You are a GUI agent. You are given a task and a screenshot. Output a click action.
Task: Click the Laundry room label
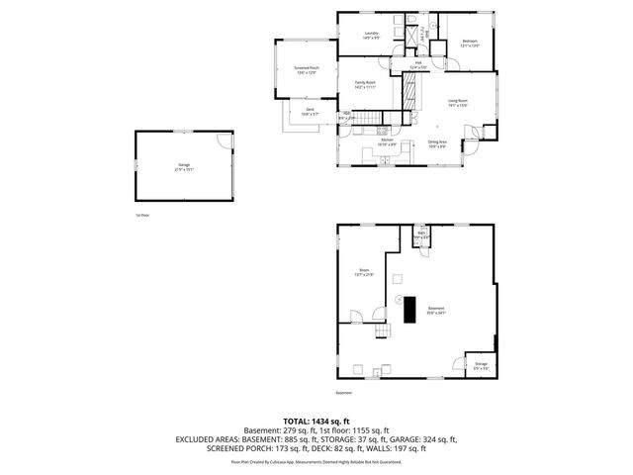point(371,36)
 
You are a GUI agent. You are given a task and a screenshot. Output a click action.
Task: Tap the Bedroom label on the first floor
point(470,43)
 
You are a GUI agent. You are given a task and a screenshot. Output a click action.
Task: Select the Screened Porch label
point(305,69)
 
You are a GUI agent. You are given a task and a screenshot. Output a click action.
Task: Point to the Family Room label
point(365,84)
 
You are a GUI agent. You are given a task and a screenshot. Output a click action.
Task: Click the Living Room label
point(457,102)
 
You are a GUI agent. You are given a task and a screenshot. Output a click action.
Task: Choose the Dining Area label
point(437,142)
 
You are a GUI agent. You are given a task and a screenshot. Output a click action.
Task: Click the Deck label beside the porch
point(310,112)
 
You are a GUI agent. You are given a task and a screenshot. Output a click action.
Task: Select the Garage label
point(184,165)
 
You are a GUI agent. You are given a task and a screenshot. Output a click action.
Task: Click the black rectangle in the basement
point(408,311)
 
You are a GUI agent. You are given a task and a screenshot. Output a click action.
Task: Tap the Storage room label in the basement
point(481,365)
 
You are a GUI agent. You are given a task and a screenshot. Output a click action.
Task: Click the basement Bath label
point(420,235)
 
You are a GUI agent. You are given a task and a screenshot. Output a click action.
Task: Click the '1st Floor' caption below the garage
point(142,215)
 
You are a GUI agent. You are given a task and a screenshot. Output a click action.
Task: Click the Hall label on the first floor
point(419,64)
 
